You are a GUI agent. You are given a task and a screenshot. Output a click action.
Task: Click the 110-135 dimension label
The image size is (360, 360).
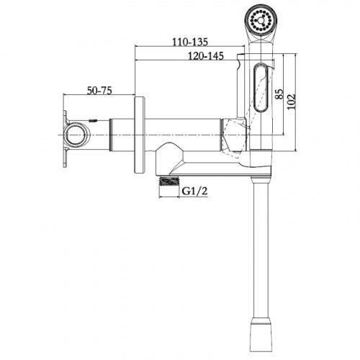[190, 42]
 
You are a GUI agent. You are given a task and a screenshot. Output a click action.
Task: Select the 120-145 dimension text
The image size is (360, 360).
[206, 56]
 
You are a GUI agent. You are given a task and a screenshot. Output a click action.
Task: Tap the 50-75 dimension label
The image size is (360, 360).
[99, 91]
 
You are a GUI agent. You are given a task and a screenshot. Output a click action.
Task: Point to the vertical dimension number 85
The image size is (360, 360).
[279, 94]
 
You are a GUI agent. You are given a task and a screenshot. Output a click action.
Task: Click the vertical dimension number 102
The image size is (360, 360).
[292, 102]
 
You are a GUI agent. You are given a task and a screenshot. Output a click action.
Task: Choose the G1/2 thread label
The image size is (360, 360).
[194, 191]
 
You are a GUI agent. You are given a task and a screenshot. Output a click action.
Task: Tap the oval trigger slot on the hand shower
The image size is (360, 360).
[261, 87]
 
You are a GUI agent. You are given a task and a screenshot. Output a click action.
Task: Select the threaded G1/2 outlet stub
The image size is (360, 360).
[169, 181]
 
